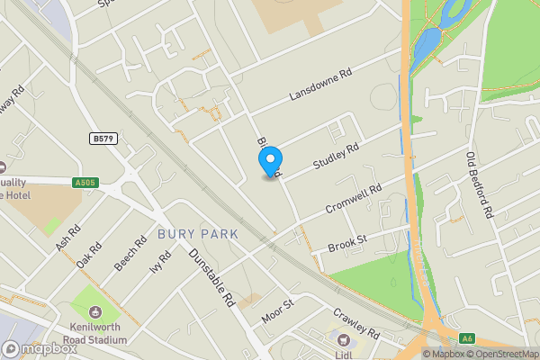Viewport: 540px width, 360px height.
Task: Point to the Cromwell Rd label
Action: point(355,200)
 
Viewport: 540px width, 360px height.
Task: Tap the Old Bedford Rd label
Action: point(480,185)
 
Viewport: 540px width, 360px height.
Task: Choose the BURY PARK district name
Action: point(198,234)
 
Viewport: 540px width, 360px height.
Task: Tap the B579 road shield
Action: point(104,139)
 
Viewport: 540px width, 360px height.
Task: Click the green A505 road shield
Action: point(85,183)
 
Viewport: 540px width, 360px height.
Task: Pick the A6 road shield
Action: point(466,338)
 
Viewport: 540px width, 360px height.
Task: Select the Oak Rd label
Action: point(90,254)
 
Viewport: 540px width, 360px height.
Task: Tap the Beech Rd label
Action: point(131,253)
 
